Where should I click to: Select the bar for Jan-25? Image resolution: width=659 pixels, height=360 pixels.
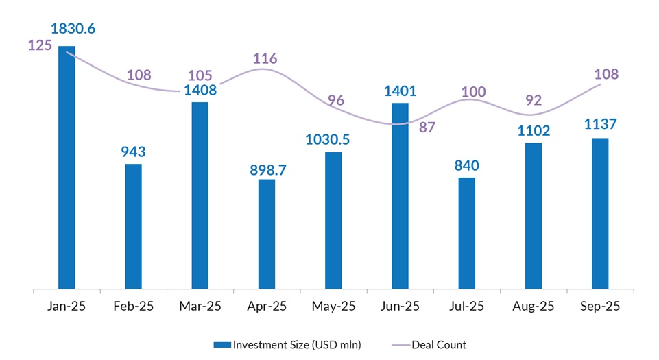tap(67, 168)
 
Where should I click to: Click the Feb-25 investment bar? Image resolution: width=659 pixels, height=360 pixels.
tap(133, 226)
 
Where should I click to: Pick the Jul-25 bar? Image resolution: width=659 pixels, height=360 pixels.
tap(467, 234)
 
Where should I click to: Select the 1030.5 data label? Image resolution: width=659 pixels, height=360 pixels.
tap(333, 139)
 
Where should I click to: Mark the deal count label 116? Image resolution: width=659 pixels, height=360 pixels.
tap(265, 58)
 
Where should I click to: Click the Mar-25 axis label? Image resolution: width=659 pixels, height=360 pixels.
tap(200, 307)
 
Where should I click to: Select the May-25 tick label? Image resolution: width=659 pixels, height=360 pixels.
tap(333, 307)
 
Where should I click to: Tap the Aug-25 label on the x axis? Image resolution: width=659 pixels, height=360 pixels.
tap(534, 307)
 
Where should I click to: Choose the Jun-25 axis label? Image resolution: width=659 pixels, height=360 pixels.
tap(400, 307)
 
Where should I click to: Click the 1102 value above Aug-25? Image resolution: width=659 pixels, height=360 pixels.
tap(534, 130)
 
